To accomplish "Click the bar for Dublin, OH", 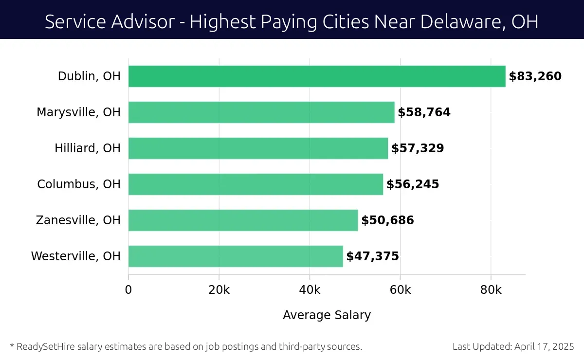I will pos(317,76).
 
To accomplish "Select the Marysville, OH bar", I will pos(261,112).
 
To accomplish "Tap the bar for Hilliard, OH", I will pos(258,148).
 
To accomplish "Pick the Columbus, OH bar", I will pos(255,184).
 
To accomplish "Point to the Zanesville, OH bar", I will pos(243,220).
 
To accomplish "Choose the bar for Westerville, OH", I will pos(236,256).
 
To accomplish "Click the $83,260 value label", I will pos(535,76).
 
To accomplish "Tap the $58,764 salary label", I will pos(424,112).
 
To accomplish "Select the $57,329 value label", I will pos(418,148).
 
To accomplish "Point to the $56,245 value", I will pos(413,184).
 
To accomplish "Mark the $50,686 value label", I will pos(387,220).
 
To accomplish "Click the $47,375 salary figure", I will pos(372,256).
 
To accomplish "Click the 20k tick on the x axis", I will pos(219,290).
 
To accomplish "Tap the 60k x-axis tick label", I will pos(400,290).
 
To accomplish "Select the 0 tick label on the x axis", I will pos(128,290).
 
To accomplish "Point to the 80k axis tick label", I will pos(491,290).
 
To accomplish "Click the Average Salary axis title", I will pos(327,315).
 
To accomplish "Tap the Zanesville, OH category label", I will pos(78,220).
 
